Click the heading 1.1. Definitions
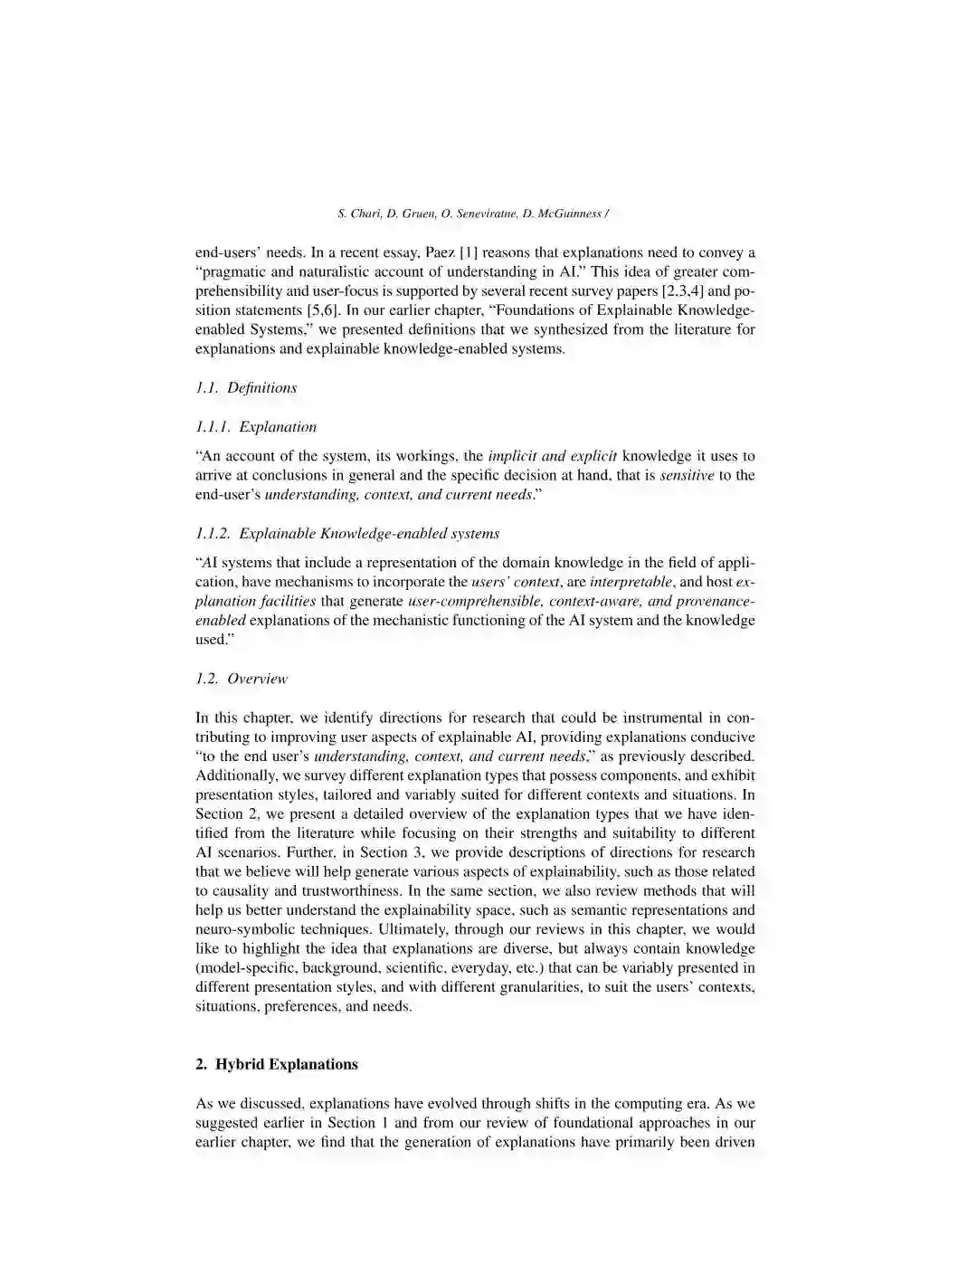(246, 387)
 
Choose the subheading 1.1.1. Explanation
(256, 426)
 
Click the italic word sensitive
(687, 475)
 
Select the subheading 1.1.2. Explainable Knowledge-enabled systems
(347, 533)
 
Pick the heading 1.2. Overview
(242, 678)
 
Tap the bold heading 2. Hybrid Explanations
(277, 1064)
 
